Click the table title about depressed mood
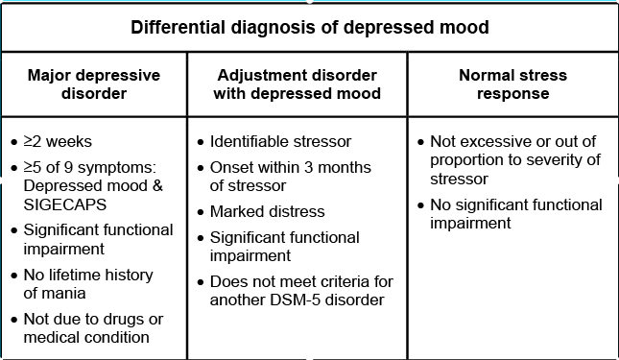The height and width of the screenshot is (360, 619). coord(309,27)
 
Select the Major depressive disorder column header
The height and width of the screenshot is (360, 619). coord(93,84)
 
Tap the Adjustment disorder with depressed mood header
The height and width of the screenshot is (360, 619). coord(298,84)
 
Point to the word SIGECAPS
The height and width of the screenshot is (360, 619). coord(73,204)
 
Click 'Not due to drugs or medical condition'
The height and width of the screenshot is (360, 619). coord(94,327)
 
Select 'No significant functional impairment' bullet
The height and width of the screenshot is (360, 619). coord(515,214)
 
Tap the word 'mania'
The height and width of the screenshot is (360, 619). coord(70,293)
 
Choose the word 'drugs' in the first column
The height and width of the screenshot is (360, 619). coord(137,319)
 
